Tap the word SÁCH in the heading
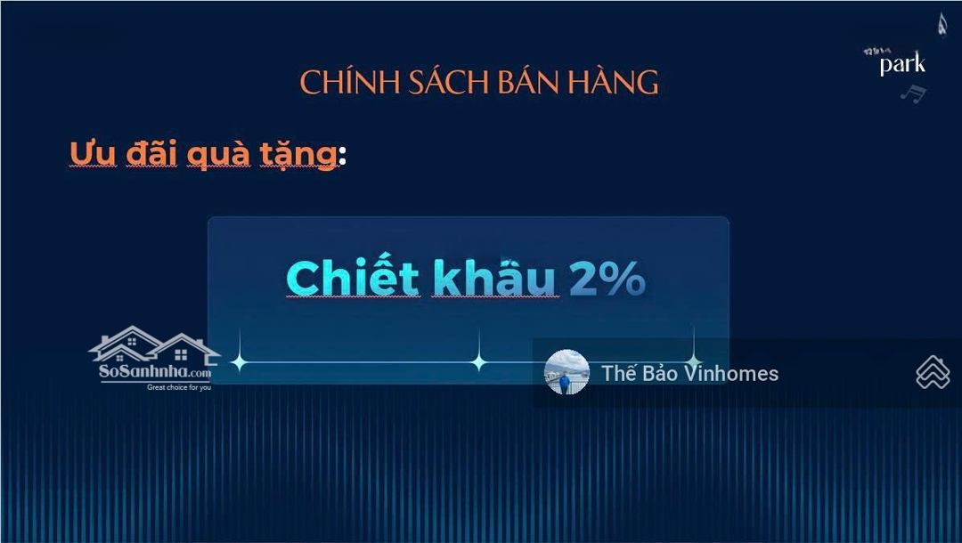441,83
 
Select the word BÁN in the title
526,83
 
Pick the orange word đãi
152,153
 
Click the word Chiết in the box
353,279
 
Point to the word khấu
494,280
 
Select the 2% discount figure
607,280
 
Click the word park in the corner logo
902,65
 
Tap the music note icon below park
913,92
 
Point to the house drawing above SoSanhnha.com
154,344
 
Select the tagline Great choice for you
179,388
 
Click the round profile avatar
567,372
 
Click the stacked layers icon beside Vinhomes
933,372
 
